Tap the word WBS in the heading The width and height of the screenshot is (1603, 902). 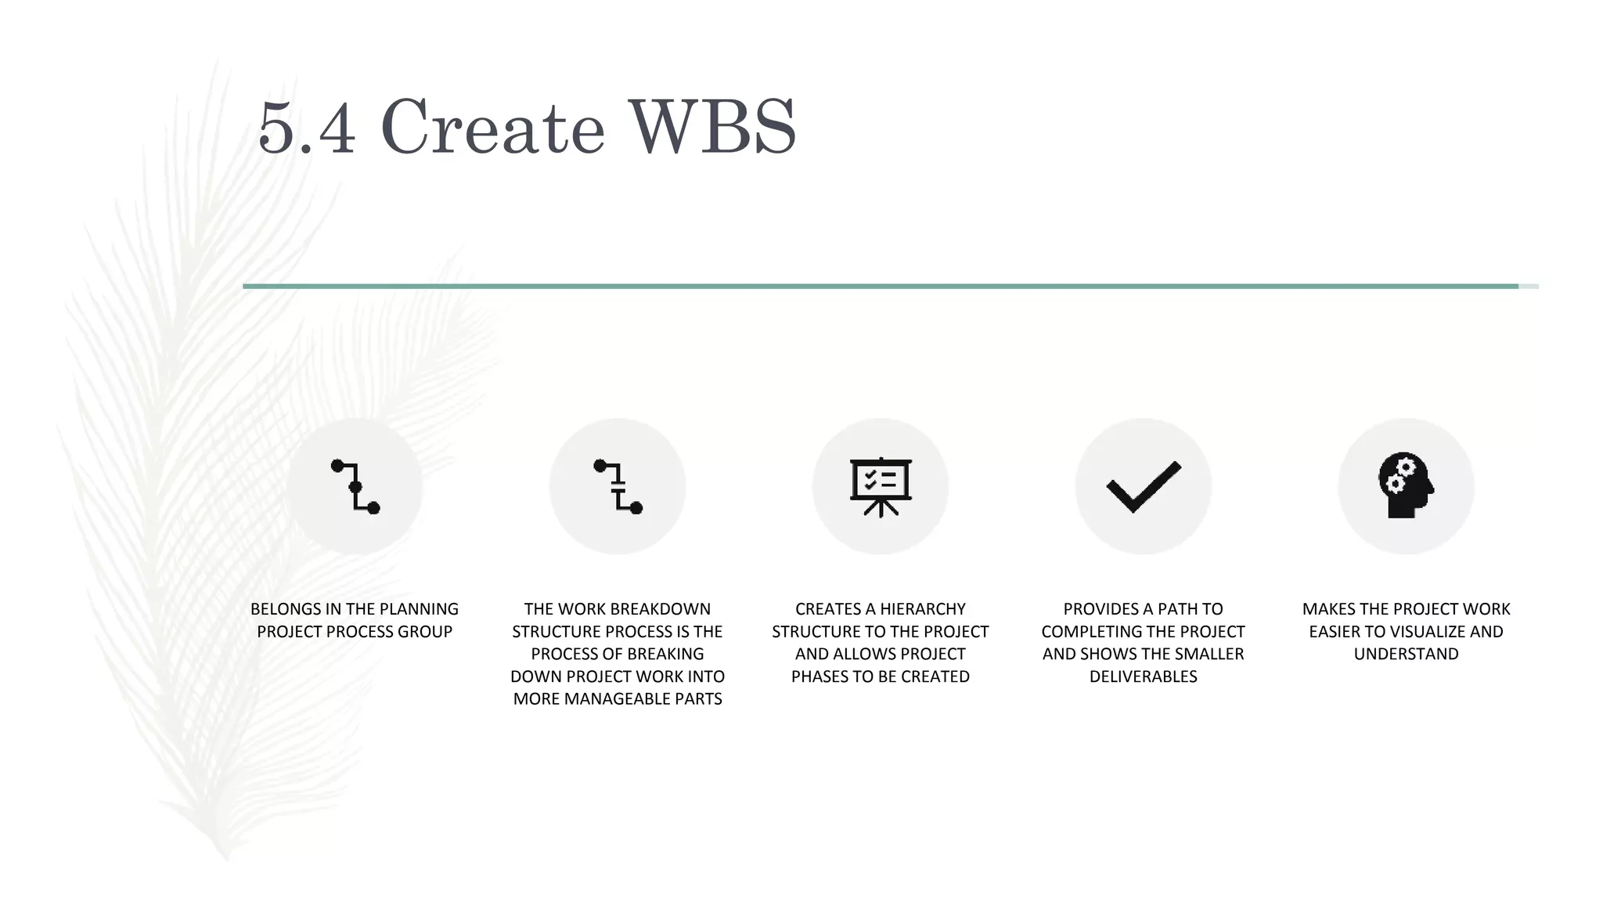(712, 128)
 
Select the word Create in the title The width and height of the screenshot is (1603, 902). (493, 128)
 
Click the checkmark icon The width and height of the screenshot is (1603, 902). (1143, 486)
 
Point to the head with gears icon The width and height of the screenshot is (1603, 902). (1406, 486)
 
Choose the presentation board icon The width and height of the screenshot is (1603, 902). (881, 486)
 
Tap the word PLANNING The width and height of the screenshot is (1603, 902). (419, 609)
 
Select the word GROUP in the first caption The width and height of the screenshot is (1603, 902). (428, 632)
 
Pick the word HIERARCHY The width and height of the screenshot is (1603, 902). (923, 609)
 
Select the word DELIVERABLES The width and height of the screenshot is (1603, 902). (1143, 676)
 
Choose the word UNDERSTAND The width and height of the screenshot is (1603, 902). (1406, 654)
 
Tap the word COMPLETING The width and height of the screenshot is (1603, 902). (1091, 632)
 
